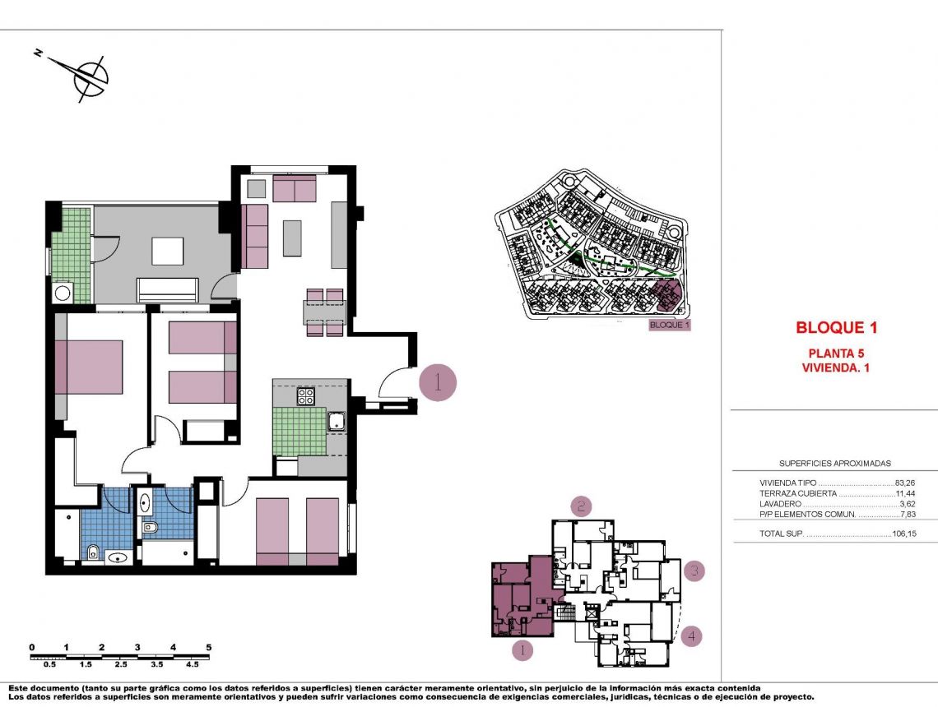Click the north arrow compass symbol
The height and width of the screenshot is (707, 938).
tap(90, 76)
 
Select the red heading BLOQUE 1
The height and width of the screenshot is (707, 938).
tap(836, 328)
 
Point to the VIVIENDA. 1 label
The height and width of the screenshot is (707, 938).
tap(835, 368)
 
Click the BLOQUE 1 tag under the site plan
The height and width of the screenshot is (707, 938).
tap(669, 325)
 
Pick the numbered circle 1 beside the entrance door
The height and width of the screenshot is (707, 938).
tap(438, 382)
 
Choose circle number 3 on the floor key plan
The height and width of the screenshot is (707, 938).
tap(694, 570)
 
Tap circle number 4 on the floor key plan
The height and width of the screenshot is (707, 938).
tap(693, 635)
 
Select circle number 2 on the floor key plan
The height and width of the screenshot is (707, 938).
tap(581, 506)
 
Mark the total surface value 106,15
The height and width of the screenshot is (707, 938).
tap(903, 534)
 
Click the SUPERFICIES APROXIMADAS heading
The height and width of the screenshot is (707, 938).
tap(834, 464)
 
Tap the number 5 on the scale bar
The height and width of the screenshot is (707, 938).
tap(209, 647)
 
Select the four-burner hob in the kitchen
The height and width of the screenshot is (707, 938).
tap(305, 396)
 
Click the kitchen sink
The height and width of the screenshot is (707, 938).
tap(337, 423)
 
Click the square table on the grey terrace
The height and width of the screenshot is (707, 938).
tap(167, 251)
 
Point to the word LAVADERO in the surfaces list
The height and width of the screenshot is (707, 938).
tap(781, 504)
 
